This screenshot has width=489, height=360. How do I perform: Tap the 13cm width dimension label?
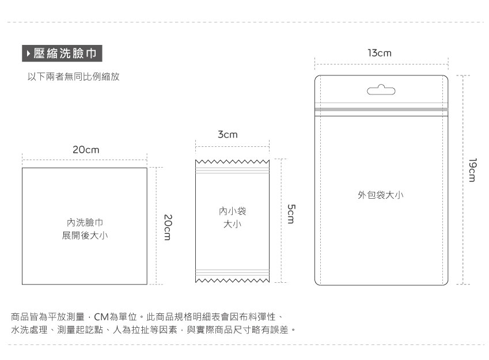[380, 53]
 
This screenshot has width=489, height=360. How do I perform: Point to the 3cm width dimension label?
[228, 135]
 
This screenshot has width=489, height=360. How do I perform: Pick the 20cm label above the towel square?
[86, 150]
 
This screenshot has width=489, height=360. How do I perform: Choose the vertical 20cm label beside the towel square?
[167, 227]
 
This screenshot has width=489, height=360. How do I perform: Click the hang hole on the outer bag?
[381, 90]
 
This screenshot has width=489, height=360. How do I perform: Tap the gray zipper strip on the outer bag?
[381, 109]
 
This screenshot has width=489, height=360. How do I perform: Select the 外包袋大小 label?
[381, 195]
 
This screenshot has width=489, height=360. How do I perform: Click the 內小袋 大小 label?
[232, 218]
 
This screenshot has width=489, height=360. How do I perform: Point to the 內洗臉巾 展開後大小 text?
[85, 229]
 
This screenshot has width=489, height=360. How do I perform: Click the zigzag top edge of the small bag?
[232, 162]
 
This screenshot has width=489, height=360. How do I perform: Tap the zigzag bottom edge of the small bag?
[232, 281]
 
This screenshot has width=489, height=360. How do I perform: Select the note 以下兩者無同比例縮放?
[74, 77]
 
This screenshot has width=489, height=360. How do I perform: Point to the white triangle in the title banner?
[29, 54]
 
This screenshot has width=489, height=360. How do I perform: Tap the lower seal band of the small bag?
[232, 271]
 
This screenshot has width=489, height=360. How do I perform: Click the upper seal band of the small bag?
[232, 172]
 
